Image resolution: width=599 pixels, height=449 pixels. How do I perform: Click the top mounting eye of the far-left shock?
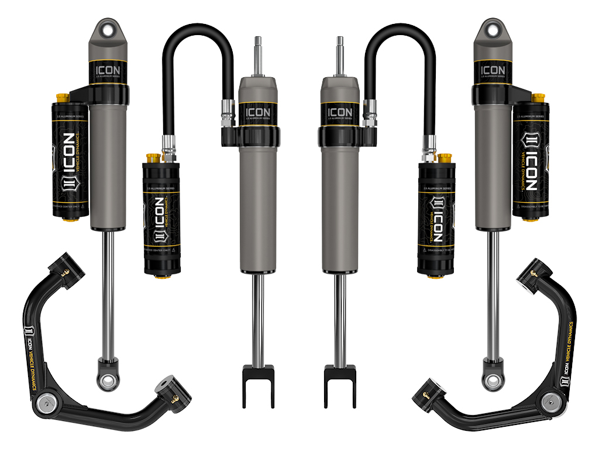pyautogui.click(x=108, y=27)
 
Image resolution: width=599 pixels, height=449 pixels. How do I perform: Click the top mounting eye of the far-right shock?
pyautogui.click(x=490, y=27)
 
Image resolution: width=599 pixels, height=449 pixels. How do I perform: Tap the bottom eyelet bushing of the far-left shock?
pyautogui.click(x=107, y=381)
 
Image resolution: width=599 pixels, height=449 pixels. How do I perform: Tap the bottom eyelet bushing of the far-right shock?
pyautogui.click(x=491, y=381)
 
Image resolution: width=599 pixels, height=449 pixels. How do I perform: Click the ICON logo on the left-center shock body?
pyautogui.click(x=258, y=112)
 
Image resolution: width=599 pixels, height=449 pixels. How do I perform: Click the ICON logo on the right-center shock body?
pyautogui.click(x=340, y=112)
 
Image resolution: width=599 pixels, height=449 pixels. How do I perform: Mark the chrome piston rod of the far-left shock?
pyautogui.click(x=107, y=292)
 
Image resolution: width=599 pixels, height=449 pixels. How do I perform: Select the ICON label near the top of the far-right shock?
pyautogui.click(x=491, y=71)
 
